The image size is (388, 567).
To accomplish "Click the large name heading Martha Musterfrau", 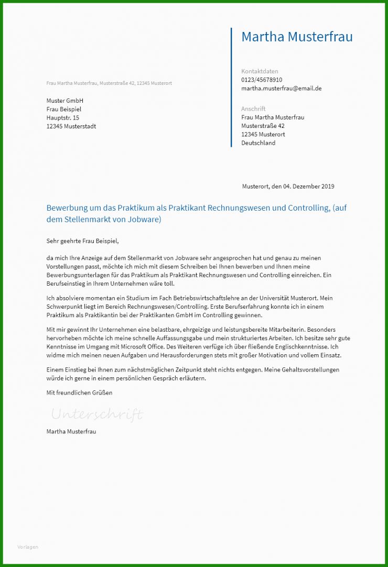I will (297, 37).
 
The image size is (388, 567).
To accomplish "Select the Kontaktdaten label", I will (260, 71).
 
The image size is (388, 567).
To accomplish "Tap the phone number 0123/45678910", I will (262, 80).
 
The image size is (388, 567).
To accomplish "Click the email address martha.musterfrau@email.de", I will (281, 88).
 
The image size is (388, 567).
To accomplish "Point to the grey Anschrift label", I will (253, 109).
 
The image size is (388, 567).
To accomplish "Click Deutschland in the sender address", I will (258, 143).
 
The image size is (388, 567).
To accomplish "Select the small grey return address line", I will (109, 83).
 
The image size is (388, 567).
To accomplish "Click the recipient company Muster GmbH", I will (65, 101).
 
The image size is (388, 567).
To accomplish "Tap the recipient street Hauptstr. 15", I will (63, 118).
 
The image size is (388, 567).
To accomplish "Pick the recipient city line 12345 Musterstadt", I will (71, 126).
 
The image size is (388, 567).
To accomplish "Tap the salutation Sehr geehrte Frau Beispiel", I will (83, 241).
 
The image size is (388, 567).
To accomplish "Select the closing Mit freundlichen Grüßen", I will (79, 392).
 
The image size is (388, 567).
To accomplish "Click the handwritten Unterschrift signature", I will (96, 415).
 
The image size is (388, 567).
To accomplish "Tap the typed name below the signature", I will (71, 431).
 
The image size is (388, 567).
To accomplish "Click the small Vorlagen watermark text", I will (28, 547).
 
